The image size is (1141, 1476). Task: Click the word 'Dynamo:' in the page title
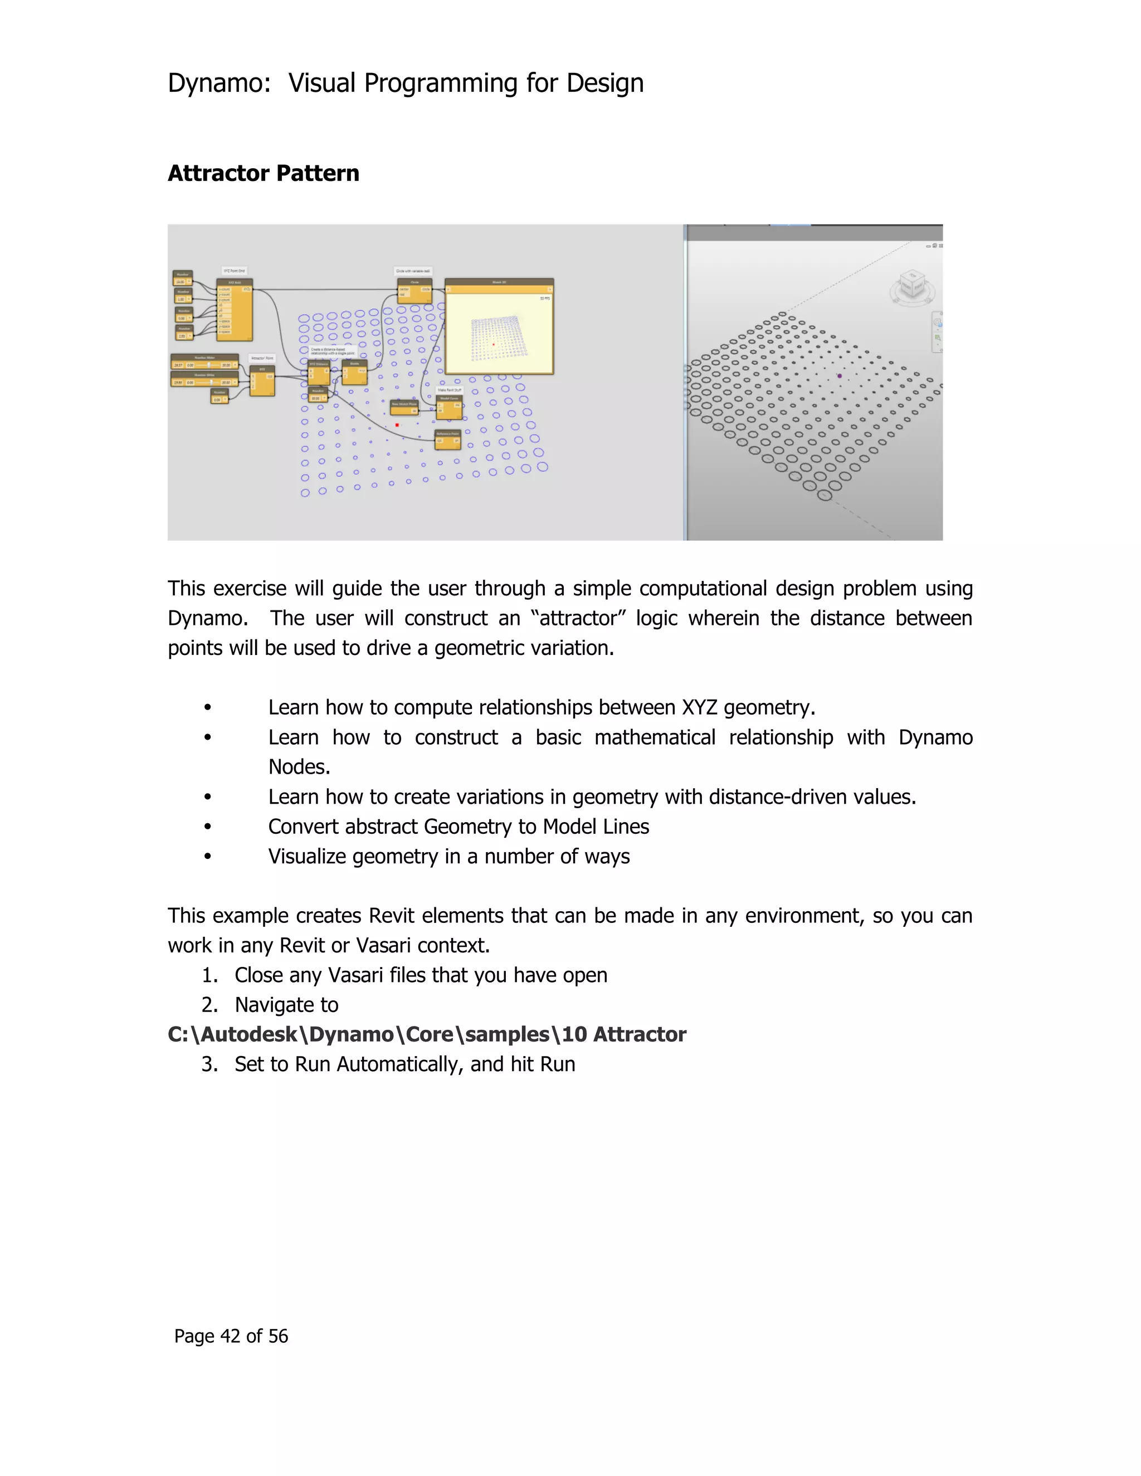pos(218,83)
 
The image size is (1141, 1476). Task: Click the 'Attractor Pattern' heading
pos(263,174)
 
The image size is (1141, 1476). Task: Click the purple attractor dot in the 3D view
pos(840,376)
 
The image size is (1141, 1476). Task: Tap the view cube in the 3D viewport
pos(913,285)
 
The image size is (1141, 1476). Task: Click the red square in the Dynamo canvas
pos(397,425)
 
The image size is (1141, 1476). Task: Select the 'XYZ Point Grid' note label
pos(234,270)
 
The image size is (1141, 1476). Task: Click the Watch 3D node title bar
pos(499,282)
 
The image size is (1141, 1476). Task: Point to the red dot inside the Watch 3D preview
pos(494,344)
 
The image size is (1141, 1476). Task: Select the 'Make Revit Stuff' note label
pos(450,390)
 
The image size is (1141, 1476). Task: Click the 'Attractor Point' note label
pos(262,358)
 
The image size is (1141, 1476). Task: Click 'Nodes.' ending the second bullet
pos(299,767)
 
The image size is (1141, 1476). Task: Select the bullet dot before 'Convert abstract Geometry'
pos(207,827)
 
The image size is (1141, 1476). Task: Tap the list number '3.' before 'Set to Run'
pos(209,1064)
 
